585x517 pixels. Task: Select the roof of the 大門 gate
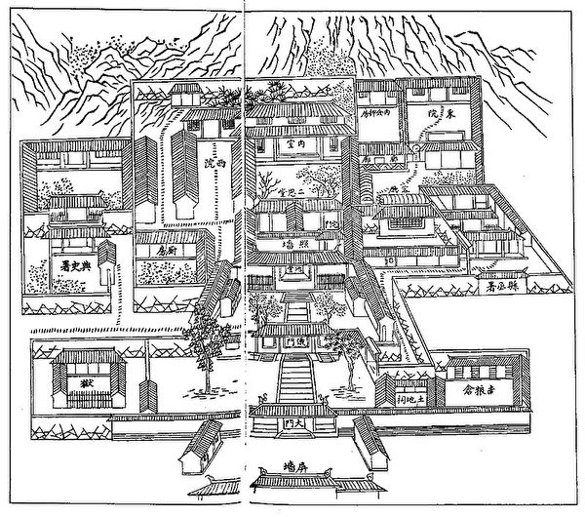[291, 411]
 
